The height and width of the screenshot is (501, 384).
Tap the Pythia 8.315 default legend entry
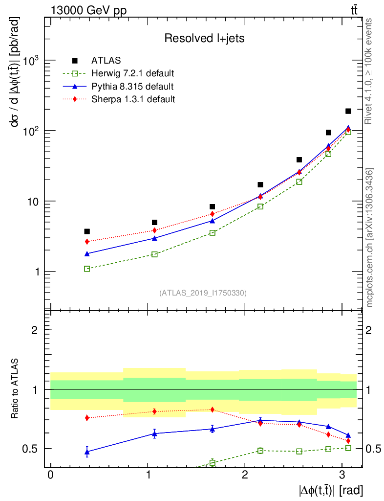pos(132,87)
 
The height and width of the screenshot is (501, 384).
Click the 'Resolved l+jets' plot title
pos(204,39)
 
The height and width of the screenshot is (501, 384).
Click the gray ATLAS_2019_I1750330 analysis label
pos(203,293)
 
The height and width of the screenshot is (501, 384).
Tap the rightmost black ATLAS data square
pos(348,111)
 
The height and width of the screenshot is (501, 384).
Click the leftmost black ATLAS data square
pos(87,231)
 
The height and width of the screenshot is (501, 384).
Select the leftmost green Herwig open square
pos(87,269)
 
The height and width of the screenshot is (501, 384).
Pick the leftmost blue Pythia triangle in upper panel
pos(87,253)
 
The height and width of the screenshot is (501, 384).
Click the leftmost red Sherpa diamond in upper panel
pos(87,241)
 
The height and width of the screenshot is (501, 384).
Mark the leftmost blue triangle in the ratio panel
pos(87,452)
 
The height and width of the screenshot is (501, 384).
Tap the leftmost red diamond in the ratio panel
pos(87,418)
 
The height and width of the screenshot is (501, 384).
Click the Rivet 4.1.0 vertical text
pos(370,71)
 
